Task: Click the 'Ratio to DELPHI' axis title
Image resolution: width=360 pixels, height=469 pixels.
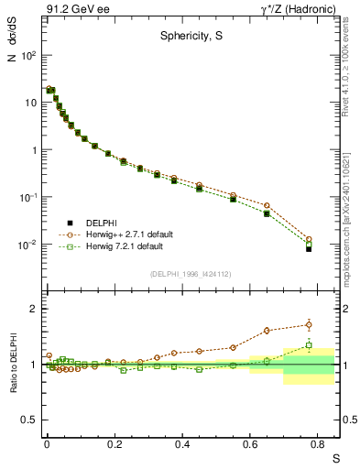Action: pos(15,362)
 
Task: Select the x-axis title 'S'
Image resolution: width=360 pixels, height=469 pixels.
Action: pos(335,455)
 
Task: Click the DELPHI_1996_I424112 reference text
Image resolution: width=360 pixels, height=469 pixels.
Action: pos(191,274)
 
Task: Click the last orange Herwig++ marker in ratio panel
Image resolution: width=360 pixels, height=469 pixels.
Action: pos(309,324)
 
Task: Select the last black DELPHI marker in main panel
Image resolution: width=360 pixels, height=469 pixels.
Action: pos(309,248)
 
